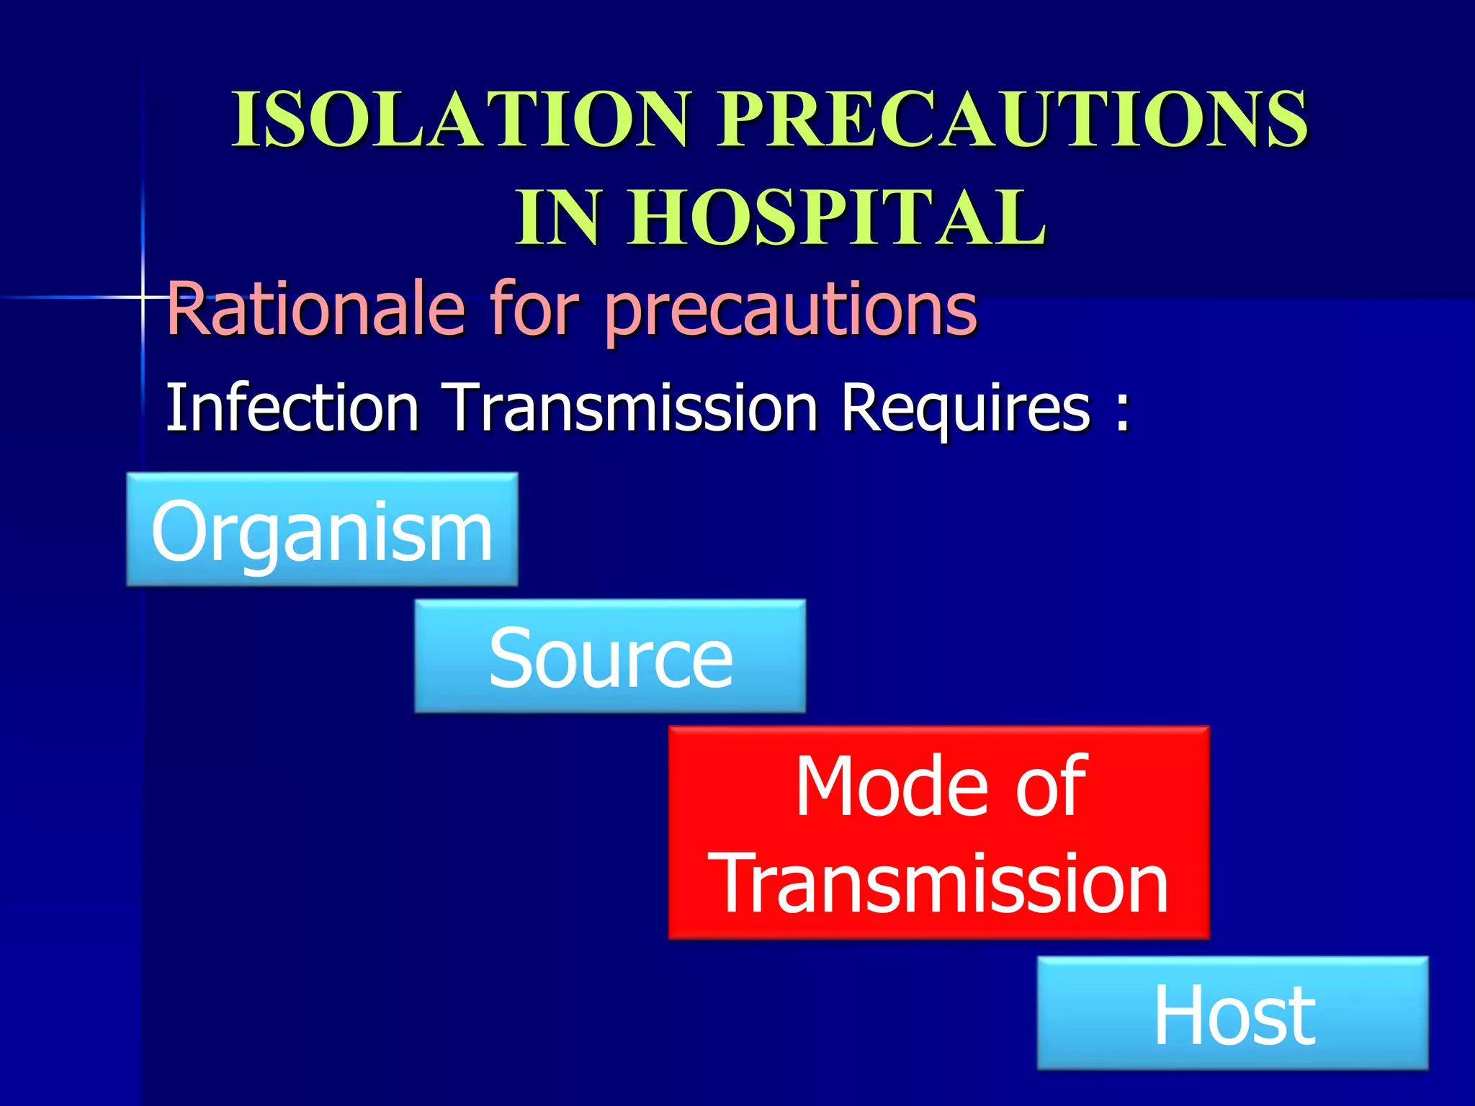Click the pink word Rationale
pyautogui.click(x=315, y=310)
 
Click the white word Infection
pyautogui.click(x=292, y=408)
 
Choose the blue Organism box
pyautogui.click(x=322, y=529)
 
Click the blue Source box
pyautogui.click(x=610, y=656)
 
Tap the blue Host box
pyautogui.click(x=1232, y=1012)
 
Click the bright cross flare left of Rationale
pyautogui.click(x=143, y=297)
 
